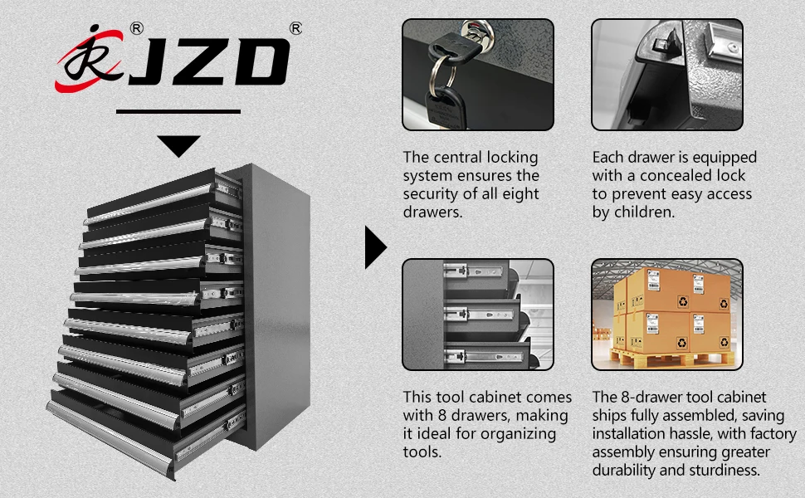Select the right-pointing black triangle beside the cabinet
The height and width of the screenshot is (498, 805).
point(375,247)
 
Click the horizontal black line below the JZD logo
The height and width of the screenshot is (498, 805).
point(178,111)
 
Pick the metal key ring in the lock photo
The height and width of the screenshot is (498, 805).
point(442,73)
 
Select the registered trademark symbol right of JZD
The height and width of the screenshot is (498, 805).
point(295,28)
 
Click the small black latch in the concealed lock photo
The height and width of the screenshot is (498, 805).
point(663,45)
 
